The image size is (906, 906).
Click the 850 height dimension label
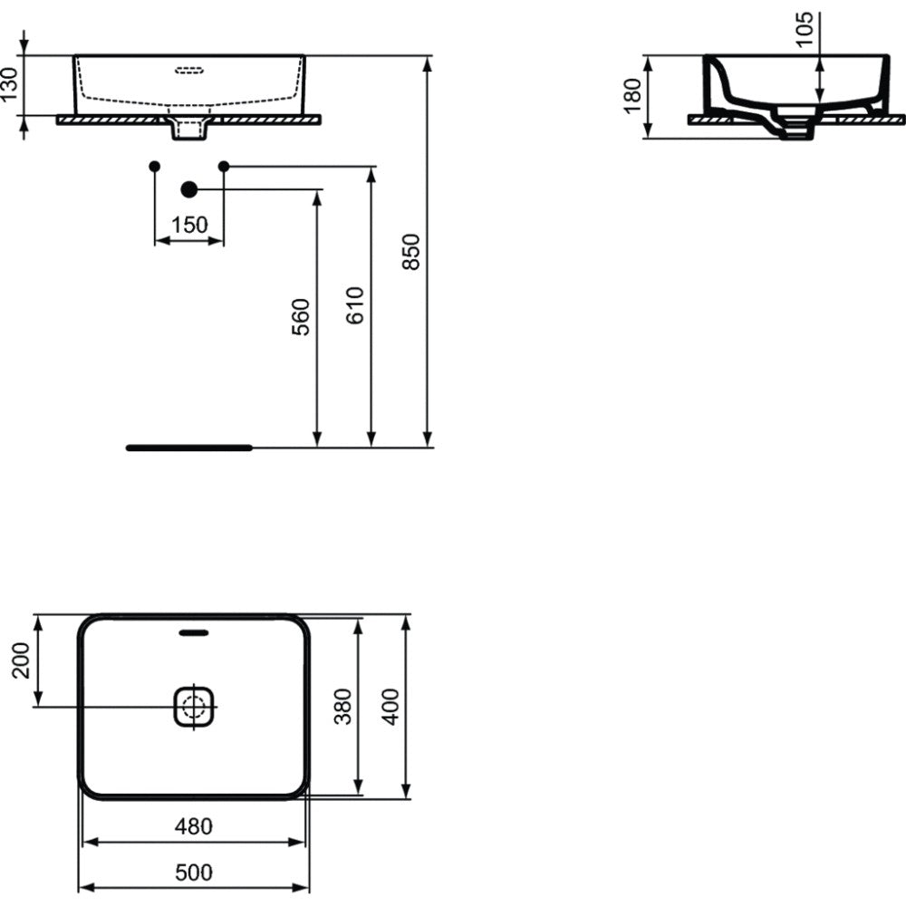pyautogui.click(x=410, y=251)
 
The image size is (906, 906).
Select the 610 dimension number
pyautogui.click(x=355, y=305)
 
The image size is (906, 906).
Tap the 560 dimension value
pyautogui.click(x=301, y=316)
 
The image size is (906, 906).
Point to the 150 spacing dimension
pyautogui.click(x=189, y=225)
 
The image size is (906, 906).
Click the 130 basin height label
pyautogui.click(x=10, y=84)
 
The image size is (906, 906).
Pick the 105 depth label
pyautogui.click(x=804, y=29)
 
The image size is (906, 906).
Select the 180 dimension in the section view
pyautogui.click(x=632, y=96)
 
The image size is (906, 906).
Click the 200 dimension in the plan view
pyautogui.click(x=21, y=660)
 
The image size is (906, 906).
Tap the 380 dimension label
pyautogui.click(x=342, y=706)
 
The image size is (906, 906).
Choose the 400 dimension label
pyautogui.click(x=390, y=706)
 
